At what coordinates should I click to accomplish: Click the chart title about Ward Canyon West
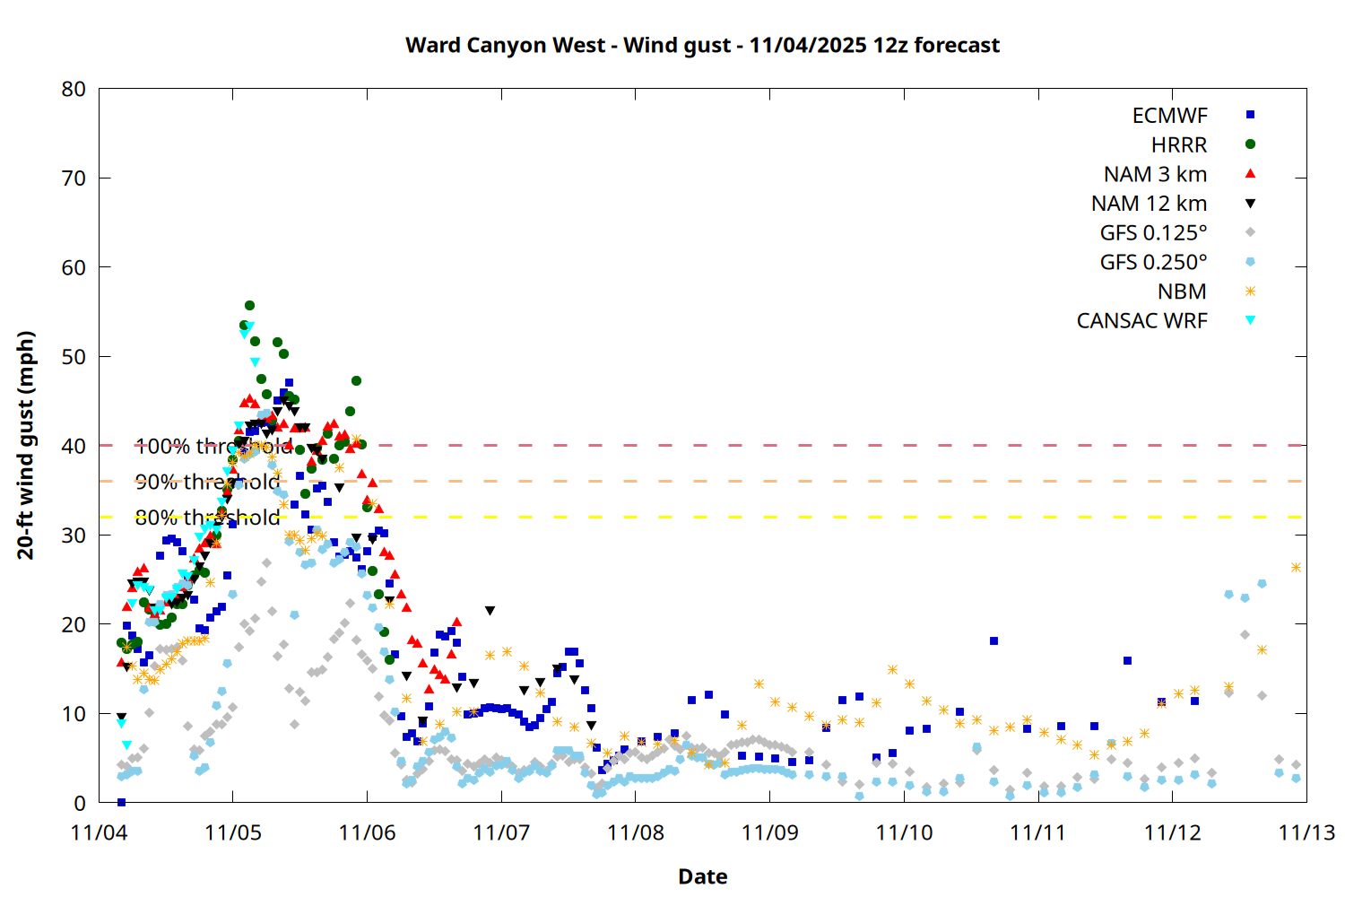click(x=702, y=45)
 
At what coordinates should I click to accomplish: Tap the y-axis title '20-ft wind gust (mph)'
click(x=26, y=445)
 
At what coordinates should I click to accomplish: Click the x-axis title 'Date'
click(x=702, y=876)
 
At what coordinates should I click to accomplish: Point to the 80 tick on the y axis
click(x=74, y=89)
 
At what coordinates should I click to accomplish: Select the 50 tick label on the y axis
click(x=74, y=356)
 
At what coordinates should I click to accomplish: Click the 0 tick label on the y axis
click(x=81, y=803)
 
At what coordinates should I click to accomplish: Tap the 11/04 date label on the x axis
click(x=99, y=832)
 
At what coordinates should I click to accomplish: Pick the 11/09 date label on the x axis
click(x=769, y=832)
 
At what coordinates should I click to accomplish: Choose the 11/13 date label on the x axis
click(x=1306, y=832)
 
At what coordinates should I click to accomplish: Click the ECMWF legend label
click(x=1169, y=116)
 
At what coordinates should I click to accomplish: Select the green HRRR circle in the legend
click(x=1250, y=144)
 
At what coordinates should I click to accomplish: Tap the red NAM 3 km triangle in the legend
click(x=1250, y=173)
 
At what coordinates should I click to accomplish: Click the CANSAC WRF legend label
click(x=1141, y=321)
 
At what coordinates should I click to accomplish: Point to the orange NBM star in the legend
click(x=1250, y=292)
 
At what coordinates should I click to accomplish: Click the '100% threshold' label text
click(x=213, y=446)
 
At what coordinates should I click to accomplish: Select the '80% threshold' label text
click(x=207, y=518)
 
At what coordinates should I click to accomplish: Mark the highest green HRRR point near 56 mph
click(x=249, y=306)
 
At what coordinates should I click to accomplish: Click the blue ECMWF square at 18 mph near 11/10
click(x=994, y=641)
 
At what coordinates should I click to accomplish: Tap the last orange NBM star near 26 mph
click(x=1296, y=568)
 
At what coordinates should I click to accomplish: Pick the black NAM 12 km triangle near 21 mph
click(x=490, y=611)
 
